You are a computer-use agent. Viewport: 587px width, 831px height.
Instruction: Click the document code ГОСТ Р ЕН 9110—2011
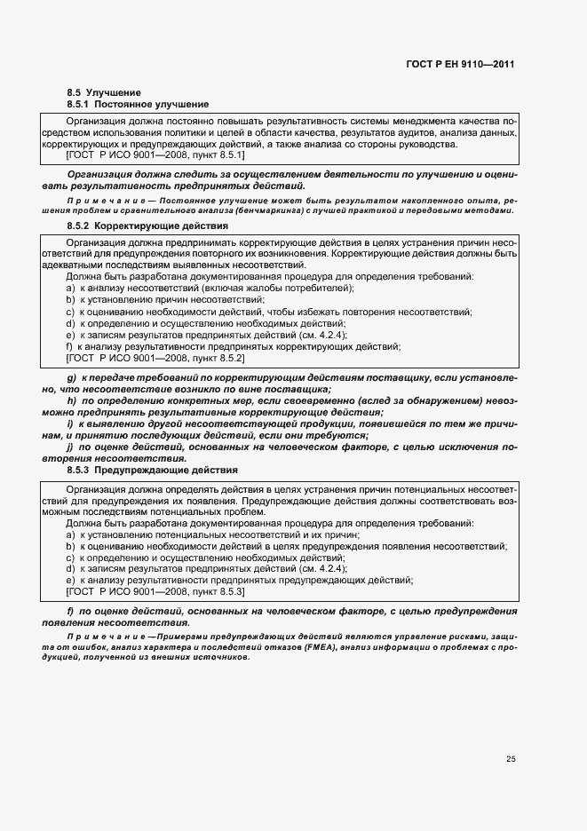[462, 64]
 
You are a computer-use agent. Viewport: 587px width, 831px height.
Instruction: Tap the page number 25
[511, 759]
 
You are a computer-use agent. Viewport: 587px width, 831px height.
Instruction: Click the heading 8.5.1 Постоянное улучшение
[138, 104]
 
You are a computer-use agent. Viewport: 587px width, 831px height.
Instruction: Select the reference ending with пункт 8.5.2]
[155, 358]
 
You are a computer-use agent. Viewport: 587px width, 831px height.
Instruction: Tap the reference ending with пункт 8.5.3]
[155, 591]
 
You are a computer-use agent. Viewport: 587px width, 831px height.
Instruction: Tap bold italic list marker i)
[70, 424]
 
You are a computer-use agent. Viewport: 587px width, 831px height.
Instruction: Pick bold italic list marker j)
[70, 447]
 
